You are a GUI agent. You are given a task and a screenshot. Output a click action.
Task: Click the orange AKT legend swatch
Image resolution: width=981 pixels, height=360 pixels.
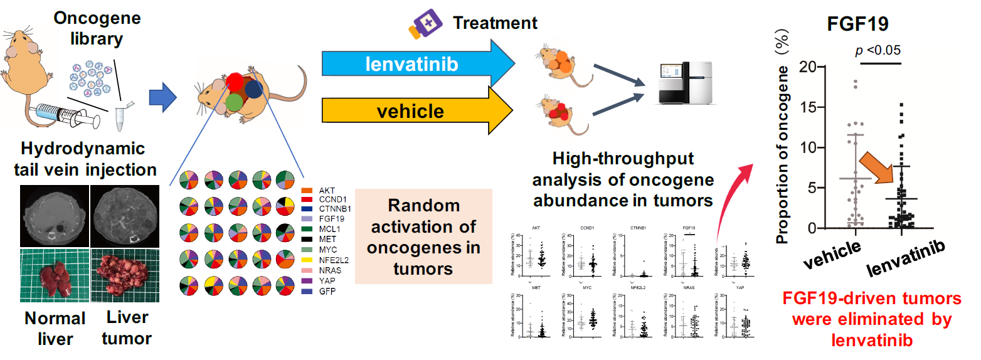coord(307,189)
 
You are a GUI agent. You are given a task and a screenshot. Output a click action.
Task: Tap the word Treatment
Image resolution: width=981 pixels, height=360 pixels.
coord(496,24)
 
